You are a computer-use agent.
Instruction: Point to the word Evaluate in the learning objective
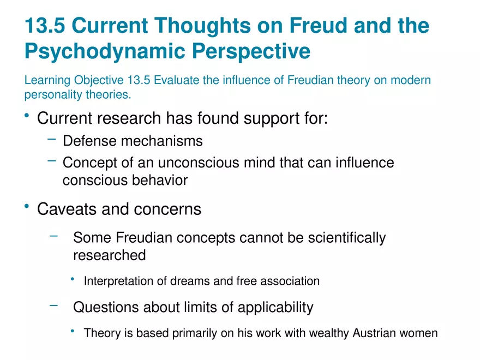[177, 81]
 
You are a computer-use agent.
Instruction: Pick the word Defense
[89, 141]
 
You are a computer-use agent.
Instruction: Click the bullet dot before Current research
[27, 116]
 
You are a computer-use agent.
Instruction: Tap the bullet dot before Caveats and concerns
[27, 207]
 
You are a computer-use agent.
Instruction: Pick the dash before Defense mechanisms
[52, 140]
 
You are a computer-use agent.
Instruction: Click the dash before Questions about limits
[53, 305]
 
